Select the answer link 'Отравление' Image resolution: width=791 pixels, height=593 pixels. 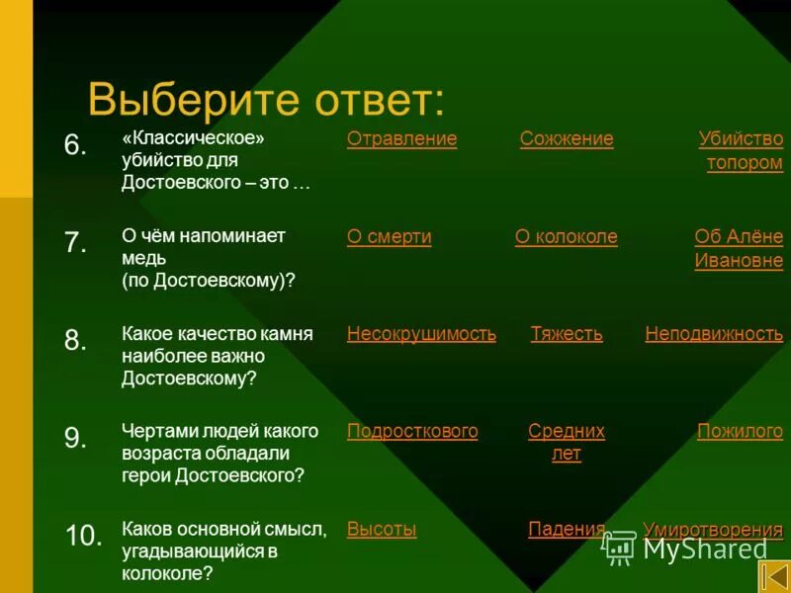401,139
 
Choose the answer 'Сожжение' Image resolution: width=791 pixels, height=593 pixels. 567,139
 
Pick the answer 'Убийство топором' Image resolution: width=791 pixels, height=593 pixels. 742,151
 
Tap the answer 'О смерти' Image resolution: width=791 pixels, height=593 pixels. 389,237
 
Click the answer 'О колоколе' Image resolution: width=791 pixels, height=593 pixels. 566,237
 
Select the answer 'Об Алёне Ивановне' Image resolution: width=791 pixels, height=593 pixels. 739,249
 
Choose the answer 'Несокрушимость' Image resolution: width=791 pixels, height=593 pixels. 421,334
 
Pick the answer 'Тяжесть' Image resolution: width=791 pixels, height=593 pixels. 566,334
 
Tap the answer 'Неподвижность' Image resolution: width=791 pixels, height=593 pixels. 714,334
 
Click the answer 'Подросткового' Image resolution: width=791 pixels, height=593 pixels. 412,431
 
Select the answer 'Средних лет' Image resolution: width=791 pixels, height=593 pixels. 566,443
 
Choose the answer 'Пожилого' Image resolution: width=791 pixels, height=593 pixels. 740,431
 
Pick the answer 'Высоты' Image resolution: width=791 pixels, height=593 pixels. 382,529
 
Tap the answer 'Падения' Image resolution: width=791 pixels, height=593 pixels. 566,529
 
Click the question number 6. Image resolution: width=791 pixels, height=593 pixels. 76,145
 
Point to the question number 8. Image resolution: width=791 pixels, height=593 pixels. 76,341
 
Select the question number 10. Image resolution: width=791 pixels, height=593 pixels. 83,537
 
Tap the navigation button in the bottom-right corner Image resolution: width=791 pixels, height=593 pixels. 774,576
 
